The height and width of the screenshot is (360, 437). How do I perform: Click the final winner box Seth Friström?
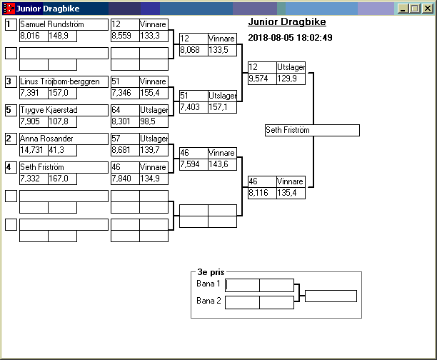pos(311,130)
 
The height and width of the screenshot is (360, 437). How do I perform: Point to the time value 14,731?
pos(33,150)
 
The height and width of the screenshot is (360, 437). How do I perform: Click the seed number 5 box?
pos(11,110)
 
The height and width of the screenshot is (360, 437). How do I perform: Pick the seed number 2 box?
pos(11,139)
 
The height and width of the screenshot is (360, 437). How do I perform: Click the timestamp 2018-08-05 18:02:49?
pos(290,37)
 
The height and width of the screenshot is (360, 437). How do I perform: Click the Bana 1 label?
pos(209,284)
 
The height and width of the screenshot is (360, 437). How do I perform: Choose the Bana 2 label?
pos(209,301)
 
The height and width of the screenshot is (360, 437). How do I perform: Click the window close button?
pos(428,9)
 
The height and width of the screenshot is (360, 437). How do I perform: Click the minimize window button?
pos(406,9)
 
